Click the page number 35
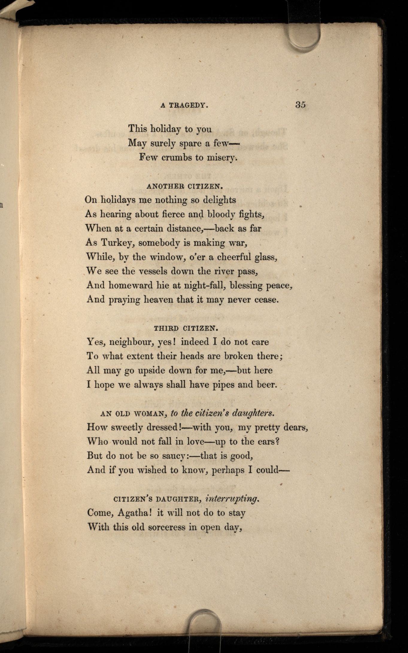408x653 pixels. [x=300, y=105]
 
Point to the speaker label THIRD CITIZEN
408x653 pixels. [x=186, y=328]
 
